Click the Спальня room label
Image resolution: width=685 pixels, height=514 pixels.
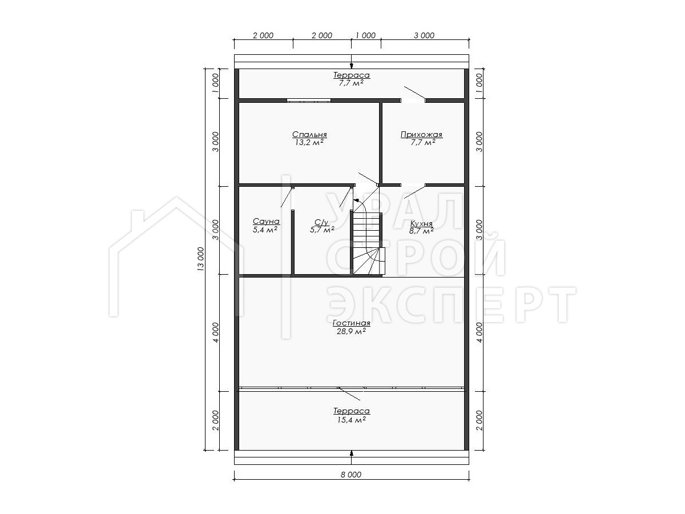[x=309, y=135]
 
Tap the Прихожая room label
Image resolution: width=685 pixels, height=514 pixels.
[x=421, y=135]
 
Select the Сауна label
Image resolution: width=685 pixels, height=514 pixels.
[x=266, y=221]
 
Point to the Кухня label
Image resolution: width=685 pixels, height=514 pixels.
[x=421, y=223]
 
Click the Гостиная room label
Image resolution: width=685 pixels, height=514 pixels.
[x=352, y=323]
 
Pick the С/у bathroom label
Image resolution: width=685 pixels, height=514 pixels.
[x=321, y=222]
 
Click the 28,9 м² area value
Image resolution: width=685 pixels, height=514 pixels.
[x=352, y=331]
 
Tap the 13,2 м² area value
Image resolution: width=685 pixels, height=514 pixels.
[x=309, y=143]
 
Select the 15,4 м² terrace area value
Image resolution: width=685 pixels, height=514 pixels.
[x=352, y=420]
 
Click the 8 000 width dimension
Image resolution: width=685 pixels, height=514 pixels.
[x=351, y=475]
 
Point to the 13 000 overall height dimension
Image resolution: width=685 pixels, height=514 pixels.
[x=201, y=259]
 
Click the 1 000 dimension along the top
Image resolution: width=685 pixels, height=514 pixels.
[x=366, y=35]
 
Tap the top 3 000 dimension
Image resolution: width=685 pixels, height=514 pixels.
[x=424, y=35]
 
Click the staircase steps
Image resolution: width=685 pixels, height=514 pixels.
[x=367, y=244]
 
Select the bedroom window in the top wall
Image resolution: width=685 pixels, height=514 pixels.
[x=309, y=101]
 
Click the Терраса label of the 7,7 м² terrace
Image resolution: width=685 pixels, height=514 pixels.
[x=352, y=75]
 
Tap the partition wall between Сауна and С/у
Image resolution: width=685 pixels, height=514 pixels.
[x=293, y=243]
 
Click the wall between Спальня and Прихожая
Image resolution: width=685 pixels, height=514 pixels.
[x=381, y=142]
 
